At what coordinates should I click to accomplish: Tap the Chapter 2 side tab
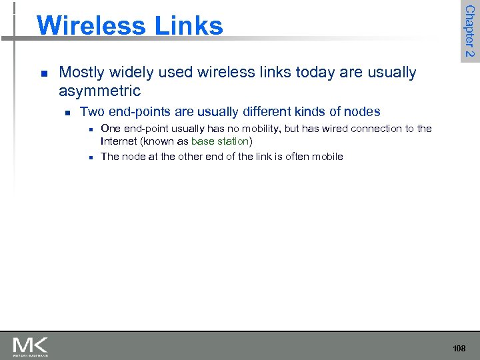pyautogui.click(x=469, y=31)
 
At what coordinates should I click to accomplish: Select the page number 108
pyautogui.click(x=459, y=349)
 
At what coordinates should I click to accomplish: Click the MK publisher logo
pyautogui.click(x=30, y=347)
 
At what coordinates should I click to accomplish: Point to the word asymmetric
pyautogui.click(x=99, y=91)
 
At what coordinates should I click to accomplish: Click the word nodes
pyautogui.click(x=363, y=111)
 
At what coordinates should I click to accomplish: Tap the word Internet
pyautogui.click(x=117, y=141)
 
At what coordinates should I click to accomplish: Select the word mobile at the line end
pyautogui.click(x=327, y=157)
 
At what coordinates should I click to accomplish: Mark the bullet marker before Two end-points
pyautogui.click(x=67, y=112)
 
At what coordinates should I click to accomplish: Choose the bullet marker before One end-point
pyautogui.click(x=89, y=129)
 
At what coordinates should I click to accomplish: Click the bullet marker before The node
pyautogui.click(x=89, y=157)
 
